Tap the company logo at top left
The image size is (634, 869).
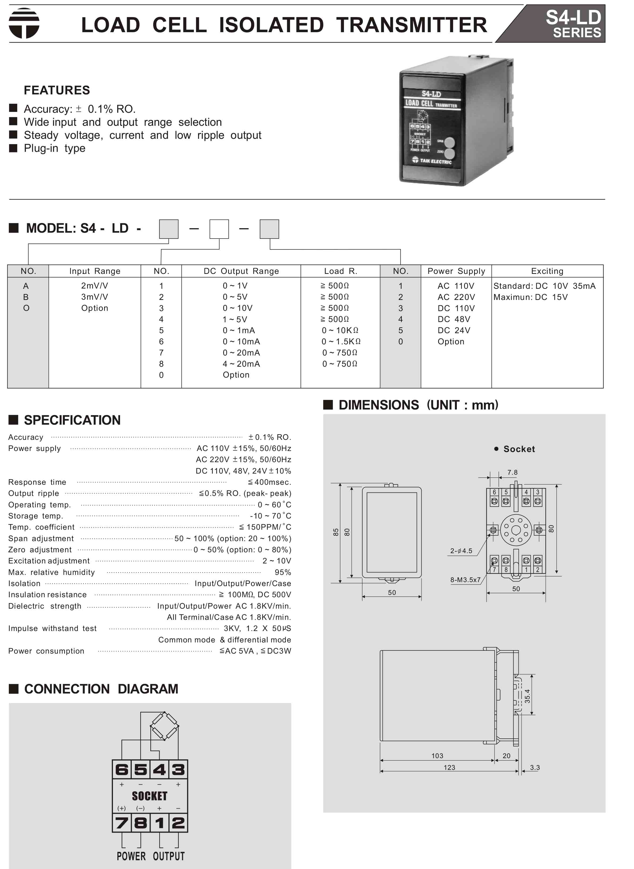coord(24,23)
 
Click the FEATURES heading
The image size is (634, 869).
coord(57,90)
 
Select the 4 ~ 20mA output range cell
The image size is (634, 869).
coord(241,364)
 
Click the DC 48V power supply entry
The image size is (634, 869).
coord(454,319)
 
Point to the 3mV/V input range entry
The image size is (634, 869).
coord(94,297)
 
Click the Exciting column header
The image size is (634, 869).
coord(547,271)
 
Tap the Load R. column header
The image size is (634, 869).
coord(341,271)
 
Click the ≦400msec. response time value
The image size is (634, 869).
coord(269,482)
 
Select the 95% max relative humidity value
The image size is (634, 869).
coord(283,573)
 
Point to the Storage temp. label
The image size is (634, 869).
coord(36,516)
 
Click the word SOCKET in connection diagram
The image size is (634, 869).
coord(150,796)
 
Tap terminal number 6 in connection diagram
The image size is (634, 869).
coord(122,770)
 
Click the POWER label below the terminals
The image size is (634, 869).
coord(131,856)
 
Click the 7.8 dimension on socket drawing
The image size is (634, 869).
coord(512,473)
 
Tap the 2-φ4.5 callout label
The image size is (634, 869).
coord(461,551)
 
